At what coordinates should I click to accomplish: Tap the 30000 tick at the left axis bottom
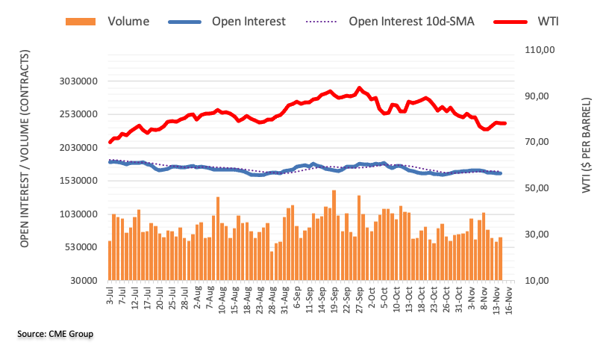[x=84, y=280]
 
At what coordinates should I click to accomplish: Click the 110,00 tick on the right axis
[x=537, y=50]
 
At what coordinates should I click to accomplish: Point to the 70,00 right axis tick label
[x=537, y=142]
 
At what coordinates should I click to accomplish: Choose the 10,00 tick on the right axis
[x=537, y=280]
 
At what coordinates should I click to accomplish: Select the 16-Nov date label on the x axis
[x=506, y=298]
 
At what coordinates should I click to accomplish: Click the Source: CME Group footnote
[x=55, y=334]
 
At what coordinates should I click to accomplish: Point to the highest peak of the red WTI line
[x=360, y=88]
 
